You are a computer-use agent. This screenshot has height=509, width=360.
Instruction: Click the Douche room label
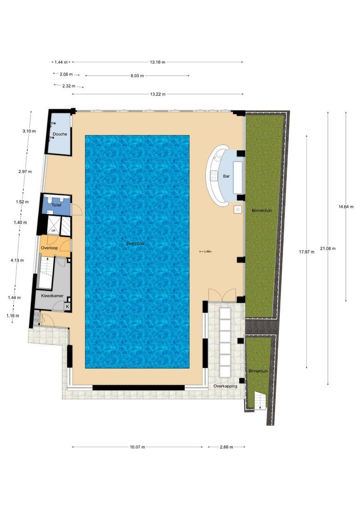60,134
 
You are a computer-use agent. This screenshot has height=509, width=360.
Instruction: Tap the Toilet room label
56,206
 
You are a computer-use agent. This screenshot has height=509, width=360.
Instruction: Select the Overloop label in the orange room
49,247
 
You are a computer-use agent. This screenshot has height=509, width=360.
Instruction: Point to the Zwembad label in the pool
135,244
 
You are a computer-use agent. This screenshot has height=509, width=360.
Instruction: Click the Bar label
226,176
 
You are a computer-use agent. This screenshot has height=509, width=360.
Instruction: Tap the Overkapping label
225,386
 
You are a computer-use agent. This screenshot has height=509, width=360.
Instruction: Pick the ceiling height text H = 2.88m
205,252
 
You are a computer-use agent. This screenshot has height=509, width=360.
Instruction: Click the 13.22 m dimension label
158,94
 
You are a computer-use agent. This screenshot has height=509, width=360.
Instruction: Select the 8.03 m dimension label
137,75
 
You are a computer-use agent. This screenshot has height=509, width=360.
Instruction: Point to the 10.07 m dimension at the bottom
137,447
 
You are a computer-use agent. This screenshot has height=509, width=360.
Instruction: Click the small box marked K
67,307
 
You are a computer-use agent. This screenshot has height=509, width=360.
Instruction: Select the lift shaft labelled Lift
54,230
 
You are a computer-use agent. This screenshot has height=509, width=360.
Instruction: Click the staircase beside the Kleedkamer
46,273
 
